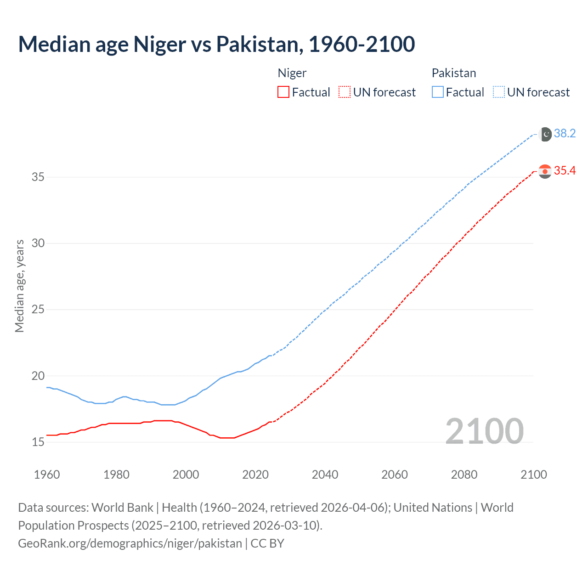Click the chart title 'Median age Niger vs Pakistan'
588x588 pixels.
click(x=216, y=45)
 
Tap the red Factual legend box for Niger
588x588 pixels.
click(x=283, y=92)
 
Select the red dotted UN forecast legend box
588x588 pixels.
click(x=345, y=92)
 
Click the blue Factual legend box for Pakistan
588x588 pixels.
click(x=438, y=92)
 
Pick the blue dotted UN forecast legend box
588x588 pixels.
click(x=499, y=92)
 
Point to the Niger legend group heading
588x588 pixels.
click(x=292, y=73)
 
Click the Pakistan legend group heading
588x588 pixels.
click(x=454, y=73)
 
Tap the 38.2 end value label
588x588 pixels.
click(x=565, y=134)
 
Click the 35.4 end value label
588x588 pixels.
click(x=565, y=171)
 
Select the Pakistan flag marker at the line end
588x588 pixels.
click(x=545, y=134)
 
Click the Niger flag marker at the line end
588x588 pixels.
click(x=545, y=171)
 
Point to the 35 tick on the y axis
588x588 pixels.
click(x=38, y=177)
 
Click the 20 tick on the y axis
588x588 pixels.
click(x=38, y=376)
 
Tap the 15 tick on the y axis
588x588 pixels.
click(x=38, y=442)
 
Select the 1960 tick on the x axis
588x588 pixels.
click(x=47, y=475)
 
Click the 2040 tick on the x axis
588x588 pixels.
click(x=325, y=475)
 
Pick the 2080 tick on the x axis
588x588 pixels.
click(x=464, y=475)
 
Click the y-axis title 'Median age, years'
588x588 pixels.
click(x=19, y=286)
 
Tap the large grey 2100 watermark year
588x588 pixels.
click(x=484, y=431)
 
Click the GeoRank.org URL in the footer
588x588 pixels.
click(x=130, y=543)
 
